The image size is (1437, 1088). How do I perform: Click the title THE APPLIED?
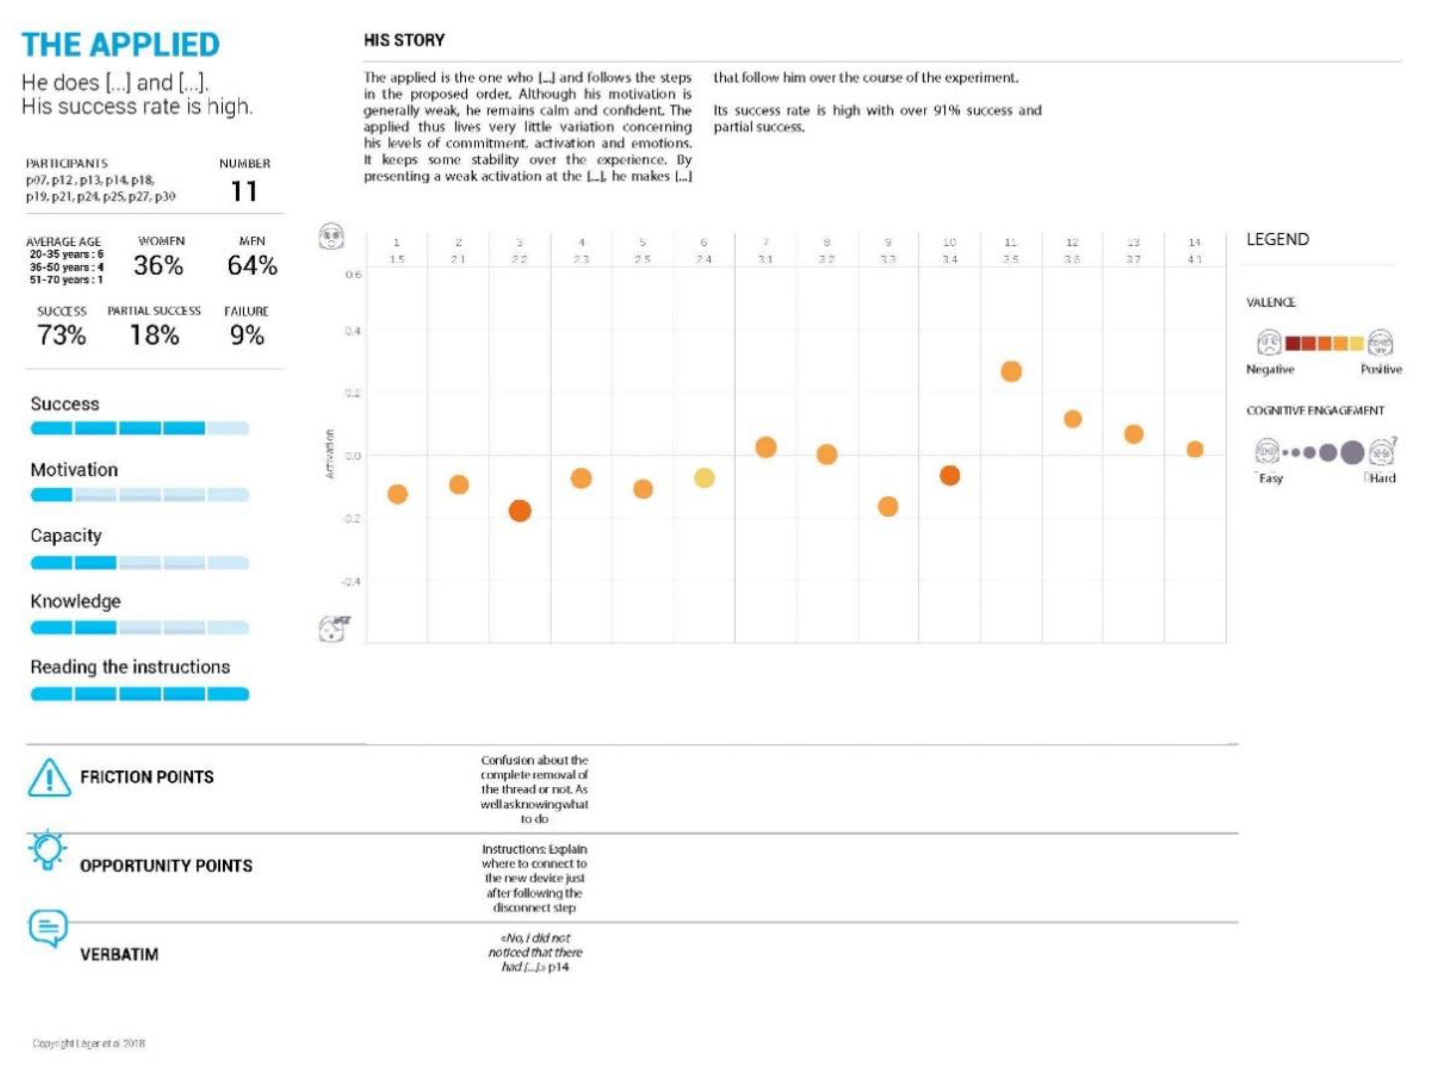[121, 45]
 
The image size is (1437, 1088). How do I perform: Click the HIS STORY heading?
[404, 40]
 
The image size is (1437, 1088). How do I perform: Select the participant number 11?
[244, 191]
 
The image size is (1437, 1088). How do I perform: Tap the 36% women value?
[158, 265]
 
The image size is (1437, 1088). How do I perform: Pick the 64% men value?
[252, 265]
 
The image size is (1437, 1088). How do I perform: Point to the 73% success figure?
[62, 335]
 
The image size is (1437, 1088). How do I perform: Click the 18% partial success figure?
[155, 335]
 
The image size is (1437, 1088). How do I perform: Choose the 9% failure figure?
[247, 335]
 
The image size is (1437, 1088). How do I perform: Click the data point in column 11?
[1011, 372]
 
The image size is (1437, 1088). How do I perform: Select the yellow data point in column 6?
[704, 478]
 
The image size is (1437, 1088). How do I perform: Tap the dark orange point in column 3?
[520, 511]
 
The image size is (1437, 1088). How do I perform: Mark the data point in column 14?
[1195, 450]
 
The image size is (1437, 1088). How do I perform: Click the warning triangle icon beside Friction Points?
[49, 778]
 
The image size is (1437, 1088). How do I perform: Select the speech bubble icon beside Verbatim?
[48, 927]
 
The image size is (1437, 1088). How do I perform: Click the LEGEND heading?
[1277, 240]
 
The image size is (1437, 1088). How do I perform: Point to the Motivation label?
[74, 470]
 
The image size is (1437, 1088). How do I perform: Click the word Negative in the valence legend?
[1270, 370]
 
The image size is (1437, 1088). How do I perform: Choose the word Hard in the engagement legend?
[1382, 478]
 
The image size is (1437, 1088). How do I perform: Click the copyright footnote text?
[89, 1043]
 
